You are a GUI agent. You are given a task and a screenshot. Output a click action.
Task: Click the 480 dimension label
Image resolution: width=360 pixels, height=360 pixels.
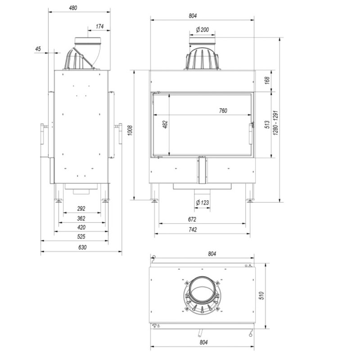[x=73, y=8]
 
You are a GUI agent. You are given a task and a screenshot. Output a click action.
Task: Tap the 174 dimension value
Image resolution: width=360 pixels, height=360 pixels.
[x=99, y=27]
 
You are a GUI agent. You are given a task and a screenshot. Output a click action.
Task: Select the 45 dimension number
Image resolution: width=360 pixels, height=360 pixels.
[x=38, y=49]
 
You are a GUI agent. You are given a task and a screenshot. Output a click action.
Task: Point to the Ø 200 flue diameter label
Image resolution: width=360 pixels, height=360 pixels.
[x=202, y=30]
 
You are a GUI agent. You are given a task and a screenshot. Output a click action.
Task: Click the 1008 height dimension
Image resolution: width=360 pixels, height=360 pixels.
[x=130, y=130]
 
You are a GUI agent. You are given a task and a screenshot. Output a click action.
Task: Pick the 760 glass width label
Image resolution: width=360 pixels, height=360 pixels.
[x=223, y=111]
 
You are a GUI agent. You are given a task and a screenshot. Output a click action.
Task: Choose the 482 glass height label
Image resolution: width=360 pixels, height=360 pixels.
[x=165, y=125]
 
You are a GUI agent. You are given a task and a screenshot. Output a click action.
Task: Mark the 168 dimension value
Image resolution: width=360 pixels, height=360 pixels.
[x=267, y=81]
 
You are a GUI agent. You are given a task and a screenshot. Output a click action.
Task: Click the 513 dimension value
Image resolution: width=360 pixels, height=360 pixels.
[x=267, y=125]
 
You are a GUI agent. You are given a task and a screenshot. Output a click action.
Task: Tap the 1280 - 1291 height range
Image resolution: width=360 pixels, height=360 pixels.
[x=275, y=123]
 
